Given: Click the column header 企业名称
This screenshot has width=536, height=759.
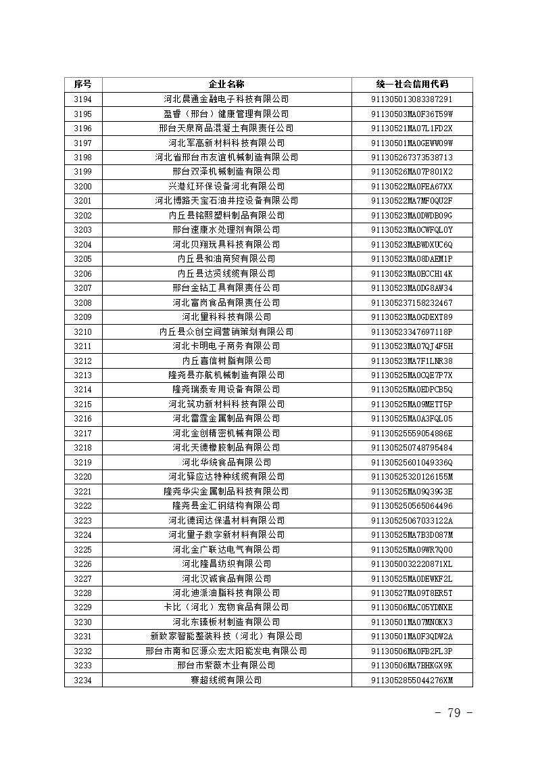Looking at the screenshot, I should click(226, 85).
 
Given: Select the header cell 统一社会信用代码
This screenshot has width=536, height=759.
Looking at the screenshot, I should click(412, 85).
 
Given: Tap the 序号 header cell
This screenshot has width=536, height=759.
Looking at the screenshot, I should click(82, 85).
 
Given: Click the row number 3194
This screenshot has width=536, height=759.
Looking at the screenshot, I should click(82, 99).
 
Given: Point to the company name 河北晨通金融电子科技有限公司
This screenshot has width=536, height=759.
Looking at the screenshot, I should click(226, 99).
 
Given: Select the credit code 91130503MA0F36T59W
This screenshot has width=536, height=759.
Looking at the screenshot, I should click(412, 114).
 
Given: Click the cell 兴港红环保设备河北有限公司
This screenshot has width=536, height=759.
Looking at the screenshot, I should click(226, 186).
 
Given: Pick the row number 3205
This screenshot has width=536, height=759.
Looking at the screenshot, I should click(82, 258).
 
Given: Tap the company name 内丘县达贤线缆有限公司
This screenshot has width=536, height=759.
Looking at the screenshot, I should click(226, 273).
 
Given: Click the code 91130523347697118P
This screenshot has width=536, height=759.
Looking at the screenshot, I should click(412, 331).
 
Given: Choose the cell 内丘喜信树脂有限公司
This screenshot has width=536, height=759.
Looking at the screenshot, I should click(226, 361).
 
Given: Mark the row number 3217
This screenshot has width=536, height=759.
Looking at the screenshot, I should click(82, 433).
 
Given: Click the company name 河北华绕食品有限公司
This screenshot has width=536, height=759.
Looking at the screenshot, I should click(226, 462).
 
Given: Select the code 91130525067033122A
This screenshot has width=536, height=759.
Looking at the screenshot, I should click(412, 520).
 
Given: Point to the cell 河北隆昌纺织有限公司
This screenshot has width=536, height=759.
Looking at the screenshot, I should click(226, 563).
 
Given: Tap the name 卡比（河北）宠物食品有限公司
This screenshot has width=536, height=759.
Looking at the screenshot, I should click(226, 607).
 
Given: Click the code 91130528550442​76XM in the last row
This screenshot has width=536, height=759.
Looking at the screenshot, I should click(412, 680).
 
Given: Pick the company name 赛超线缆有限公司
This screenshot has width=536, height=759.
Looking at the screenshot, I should click(226, 680).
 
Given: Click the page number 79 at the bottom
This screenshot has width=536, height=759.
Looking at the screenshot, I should click(454, 713).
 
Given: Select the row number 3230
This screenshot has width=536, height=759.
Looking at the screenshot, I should click(82, 622).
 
